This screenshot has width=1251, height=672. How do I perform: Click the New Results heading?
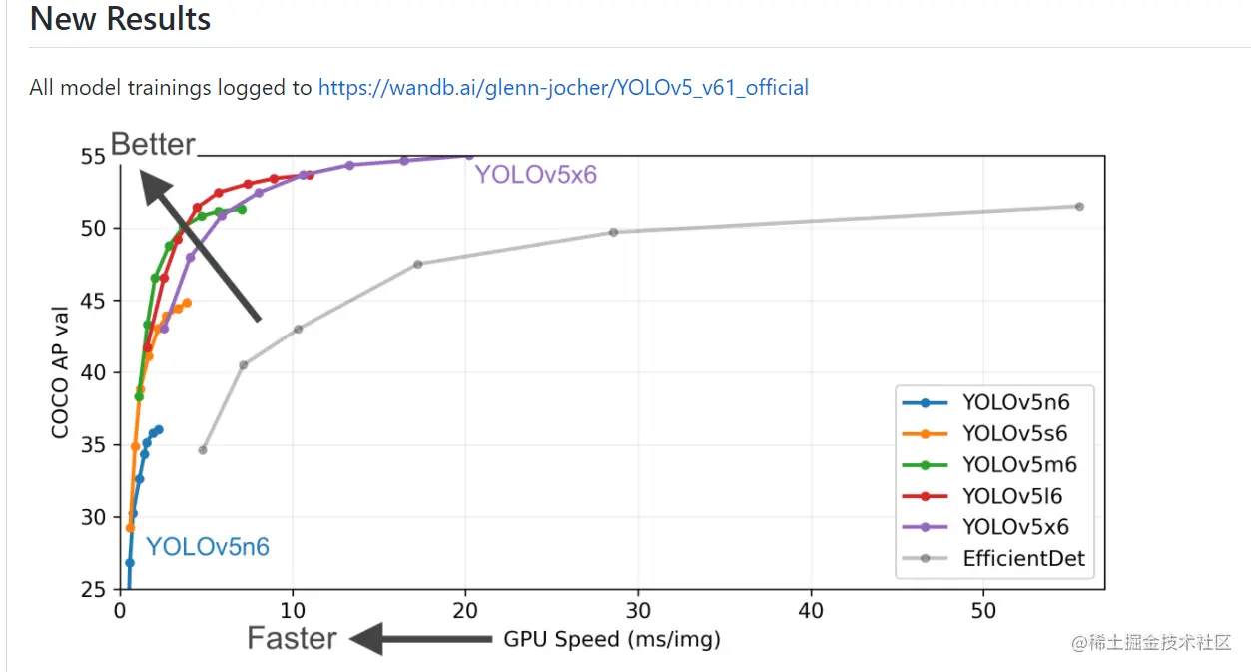(120, 19)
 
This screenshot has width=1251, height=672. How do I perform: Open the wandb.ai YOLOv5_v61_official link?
(563, 88)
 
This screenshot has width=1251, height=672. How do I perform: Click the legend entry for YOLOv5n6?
(1015, 403)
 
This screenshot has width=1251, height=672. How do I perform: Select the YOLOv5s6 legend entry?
(1014, 433)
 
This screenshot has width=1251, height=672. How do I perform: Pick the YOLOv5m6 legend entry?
(1018, 464)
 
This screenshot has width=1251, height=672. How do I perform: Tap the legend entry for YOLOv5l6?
(1012, 496)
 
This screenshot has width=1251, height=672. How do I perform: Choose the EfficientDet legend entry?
(1022, 558)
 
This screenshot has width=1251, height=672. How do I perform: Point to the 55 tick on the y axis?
(93, 156)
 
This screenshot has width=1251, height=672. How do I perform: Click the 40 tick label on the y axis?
(93, 372)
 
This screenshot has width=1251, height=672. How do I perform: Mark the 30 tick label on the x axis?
(638, 609)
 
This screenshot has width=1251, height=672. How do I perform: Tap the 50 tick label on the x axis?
(983, 609)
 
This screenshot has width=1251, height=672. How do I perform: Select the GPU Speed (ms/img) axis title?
(611, 639)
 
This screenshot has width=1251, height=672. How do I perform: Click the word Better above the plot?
(153, 144)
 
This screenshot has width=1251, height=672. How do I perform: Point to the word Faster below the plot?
(292, 639)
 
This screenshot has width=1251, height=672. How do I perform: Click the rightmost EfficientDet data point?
(1079, 207)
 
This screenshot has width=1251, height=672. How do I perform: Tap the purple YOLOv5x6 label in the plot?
(535, 175)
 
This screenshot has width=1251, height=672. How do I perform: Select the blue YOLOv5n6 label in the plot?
(208, 547)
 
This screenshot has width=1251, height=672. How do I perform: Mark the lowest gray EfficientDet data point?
(203, 450)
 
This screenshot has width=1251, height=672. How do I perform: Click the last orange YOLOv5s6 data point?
(187, 302)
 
